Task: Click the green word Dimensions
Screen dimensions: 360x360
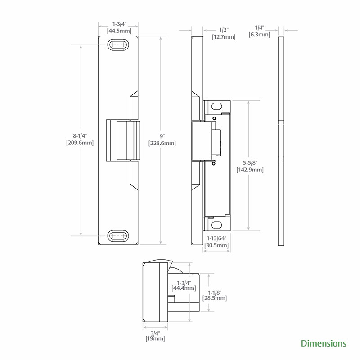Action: (x=324, y=343)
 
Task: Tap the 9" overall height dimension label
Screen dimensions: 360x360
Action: (x=162, y=136)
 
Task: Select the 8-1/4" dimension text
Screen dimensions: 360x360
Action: (x=80, y=136)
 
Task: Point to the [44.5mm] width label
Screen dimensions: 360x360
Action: (x=119, y=31)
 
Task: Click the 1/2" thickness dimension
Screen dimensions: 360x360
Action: (x=224, y=30)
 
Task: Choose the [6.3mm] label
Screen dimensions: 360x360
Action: (x=260, y=35)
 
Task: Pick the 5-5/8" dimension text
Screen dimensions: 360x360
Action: (x=250, y=163)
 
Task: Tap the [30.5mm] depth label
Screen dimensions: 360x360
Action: (x=216, y=245)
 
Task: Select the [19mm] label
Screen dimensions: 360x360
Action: (x=155, y=338)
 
